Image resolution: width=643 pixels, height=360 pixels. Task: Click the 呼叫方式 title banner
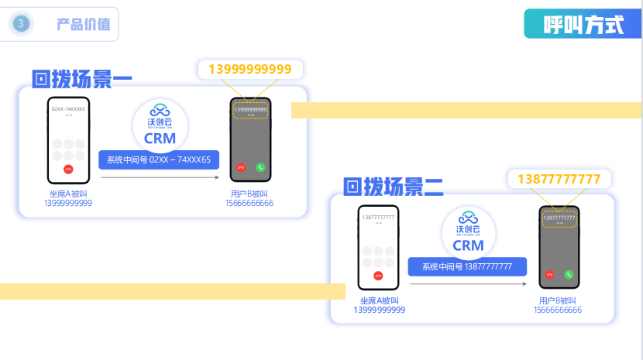(x=583, y=24)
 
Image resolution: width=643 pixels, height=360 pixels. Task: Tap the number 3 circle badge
(x=21, y=24)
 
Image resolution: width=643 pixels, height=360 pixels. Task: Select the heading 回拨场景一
(x=82, y=79)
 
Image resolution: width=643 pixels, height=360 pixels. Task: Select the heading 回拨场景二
(x=394, y=187)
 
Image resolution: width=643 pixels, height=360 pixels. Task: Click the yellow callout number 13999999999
(x=251, y=70)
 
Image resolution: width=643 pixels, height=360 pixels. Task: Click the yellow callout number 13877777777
(x=559, y=180)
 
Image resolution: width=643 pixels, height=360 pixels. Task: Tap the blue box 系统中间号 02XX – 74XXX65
(x=159, y=160)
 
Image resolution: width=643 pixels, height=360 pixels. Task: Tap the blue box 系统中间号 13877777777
(x=467, y=267)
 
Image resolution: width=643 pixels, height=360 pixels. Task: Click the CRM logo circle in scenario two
(x=468, y=232)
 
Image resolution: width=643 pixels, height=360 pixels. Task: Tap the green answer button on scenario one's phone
(x=260, y=166)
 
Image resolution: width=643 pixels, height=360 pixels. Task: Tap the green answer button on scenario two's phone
(x=569, y=274)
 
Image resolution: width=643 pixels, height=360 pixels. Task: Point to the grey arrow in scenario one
(x=160, y=178)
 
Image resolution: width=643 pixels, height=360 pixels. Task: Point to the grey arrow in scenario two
(x=468, y=285)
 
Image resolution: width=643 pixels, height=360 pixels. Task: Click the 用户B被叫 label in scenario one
(x=249, y=194)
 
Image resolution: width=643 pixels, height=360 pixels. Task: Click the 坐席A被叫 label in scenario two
(x=379, y=301)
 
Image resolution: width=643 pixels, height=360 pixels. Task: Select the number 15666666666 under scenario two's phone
(x=558, y=310)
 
